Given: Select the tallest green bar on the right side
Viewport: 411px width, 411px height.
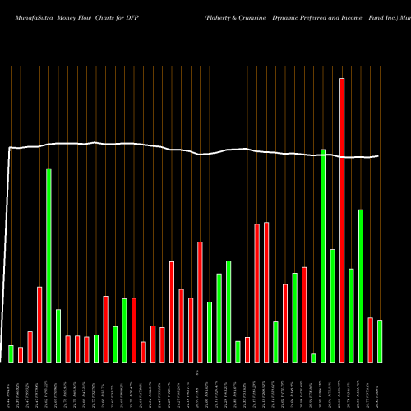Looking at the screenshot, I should point(323,256).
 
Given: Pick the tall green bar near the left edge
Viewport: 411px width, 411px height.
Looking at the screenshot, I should point(48,265).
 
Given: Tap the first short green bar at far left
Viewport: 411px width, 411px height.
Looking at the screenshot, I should point(11,353).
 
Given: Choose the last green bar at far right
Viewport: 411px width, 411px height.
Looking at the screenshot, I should point(380,341).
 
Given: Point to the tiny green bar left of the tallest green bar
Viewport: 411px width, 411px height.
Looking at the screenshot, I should point(313,358).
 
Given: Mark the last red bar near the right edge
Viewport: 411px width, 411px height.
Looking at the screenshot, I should point(371,339).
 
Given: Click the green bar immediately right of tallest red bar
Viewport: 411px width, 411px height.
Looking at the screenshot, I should point(351,315).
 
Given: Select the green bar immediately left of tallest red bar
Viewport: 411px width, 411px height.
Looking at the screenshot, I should point(332,305).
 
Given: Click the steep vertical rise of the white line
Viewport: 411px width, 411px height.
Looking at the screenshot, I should point(7,247).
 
